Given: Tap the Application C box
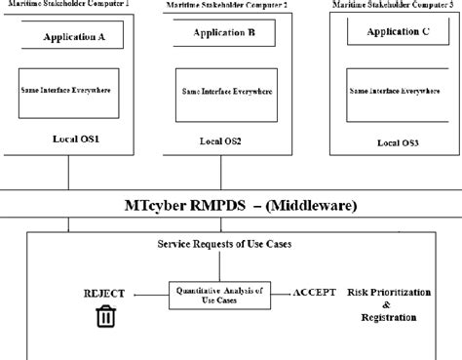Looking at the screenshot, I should coord(398,33).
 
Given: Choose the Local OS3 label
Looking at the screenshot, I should coord(397,141).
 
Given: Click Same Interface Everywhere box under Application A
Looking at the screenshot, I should coord(66,91).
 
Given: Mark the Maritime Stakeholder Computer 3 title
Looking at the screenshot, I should coord(395,5).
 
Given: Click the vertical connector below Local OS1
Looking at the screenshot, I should coord(68,174).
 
